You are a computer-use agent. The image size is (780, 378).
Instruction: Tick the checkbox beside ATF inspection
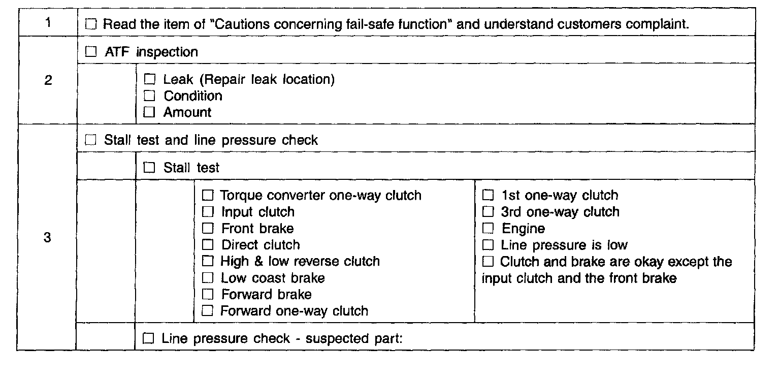[91, 52]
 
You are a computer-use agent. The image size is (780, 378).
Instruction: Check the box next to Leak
[149, 79]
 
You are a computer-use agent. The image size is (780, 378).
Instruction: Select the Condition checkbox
[149, 96]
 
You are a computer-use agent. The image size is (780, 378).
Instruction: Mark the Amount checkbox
[149, 112]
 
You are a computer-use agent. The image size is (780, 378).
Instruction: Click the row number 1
[47, 23]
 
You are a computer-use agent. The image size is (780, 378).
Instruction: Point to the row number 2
[47, 80]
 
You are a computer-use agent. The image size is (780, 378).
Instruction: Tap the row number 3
[47, 237]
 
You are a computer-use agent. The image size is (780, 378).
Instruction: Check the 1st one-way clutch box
[488, 195]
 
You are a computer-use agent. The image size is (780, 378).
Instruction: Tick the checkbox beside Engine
[488, 229]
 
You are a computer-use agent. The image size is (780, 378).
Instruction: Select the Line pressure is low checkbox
[488, 245]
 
